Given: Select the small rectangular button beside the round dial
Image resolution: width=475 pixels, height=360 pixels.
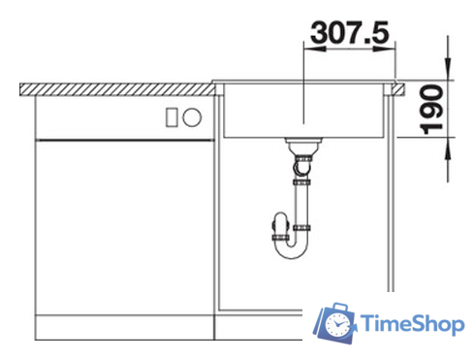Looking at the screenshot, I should coord(173,117).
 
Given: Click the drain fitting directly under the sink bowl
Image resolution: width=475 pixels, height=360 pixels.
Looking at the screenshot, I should coord(303,147).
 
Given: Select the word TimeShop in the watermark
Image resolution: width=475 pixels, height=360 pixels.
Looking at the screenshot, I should coord(411,323).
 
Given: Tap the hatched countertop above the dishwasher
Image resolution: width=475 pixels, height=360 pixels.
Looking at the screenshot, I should coord(116,88).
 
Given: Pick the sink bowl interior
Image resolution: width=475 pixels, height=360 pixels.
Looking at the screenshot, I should coord(303,112).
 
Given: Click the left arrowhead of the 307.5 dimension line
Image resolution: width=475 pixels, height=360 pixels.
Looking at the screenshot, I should coord(308,48).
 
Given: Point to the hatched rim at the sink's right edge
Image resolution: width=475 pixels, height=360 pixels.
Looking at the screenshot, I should coord(396,87).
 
